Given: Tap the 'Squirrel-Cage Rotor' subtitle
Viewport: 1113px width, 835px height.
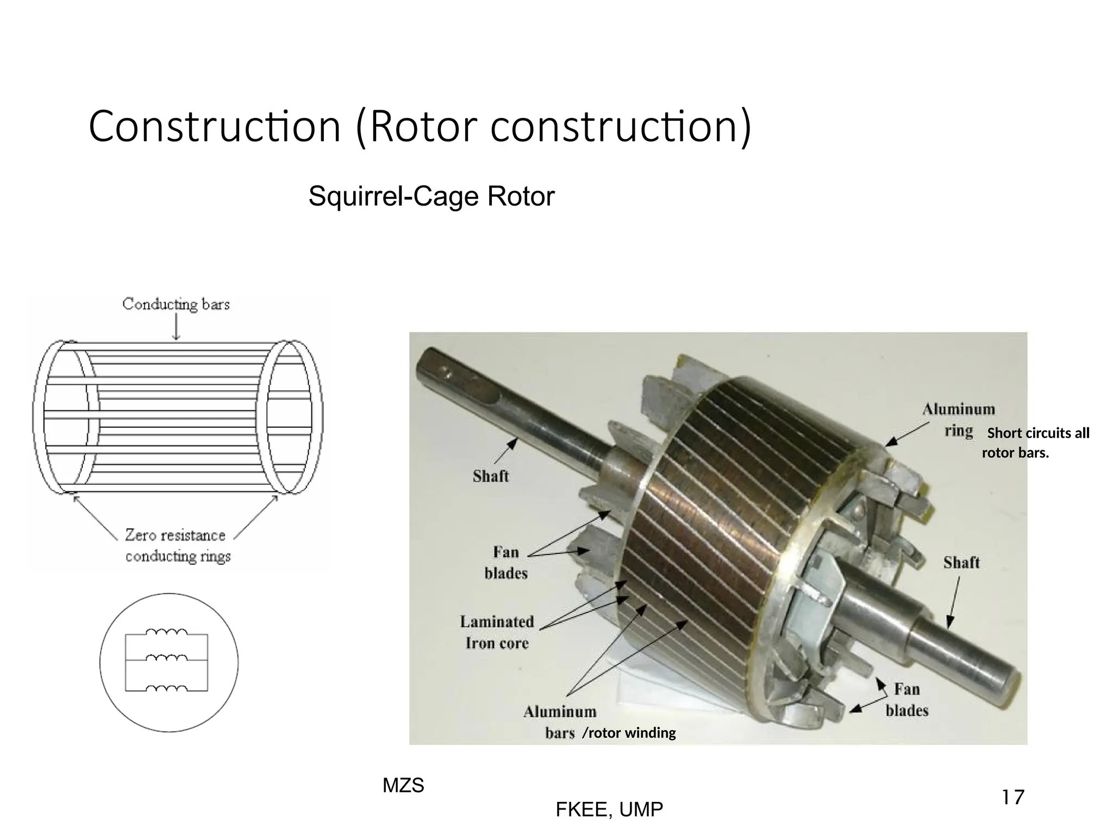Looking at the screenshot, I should click(x=431, y=196).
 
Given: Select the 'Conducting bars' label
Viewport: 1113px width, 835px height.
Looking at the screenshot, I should click(x=176, y=304).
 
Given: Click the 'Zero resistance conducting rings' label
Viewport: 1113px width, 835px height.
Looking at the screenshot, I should click(x=177, y=546).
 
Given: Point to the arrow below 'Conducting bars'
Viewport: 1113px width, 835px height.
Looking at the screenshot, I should click(x=176, y=327).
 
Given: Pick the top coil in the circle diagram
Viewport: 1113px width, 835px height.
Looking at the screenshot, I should click(x=167, y=632).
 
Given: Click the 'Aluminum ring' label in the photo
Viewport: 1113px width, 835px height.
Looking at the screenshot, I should click(x=958, y=420).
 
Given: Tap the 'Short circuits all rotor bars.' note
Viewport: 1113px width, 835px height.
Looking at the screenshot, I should click(x=1035, y=443).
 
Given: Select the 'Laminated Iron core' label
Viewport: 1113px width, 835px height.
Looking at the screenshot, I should click(x=497, y=632).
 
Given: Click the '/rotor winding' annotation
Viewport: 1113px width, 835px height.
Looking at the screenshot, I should click(x=629, y=733).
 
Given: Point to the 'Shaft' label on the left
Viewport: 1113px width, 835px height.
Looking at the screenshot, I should click(x=491, y=476).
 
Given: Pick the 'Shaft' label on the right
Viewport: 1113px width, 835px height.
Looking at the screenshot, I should click(x=961, y=562).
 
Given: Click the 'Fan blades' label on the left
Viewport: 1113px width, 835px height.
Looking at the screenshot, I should click(x=506, y=563).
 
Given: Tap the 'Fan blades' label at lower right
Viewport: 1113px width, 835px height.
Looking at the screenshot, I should click(x=906, y=700).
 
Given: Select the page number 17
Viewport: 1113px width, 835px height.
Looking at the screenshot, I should click(x=1012, y=797).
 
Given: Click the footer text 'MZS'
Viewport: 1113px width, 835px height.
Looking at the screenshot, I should click(x=403, y=786).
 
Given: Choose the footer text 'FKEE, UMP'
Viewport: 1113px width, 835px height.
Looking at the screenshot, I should click(x=609, y=809).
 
